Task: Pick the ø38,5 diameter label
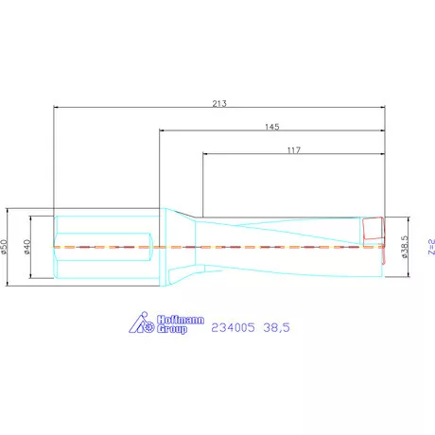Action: click(x=404, y=246)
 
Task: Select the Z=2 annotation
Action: click(x=429, y=245)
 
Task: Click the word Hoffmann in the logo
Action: click(x=178, y=318)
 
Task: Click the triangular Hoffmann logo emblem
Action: click(x=138, y=322)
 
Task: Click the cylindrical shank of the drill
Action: click(x=104, y=246)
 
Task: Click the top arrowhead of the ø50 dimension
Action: click(x=9, y=210)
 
